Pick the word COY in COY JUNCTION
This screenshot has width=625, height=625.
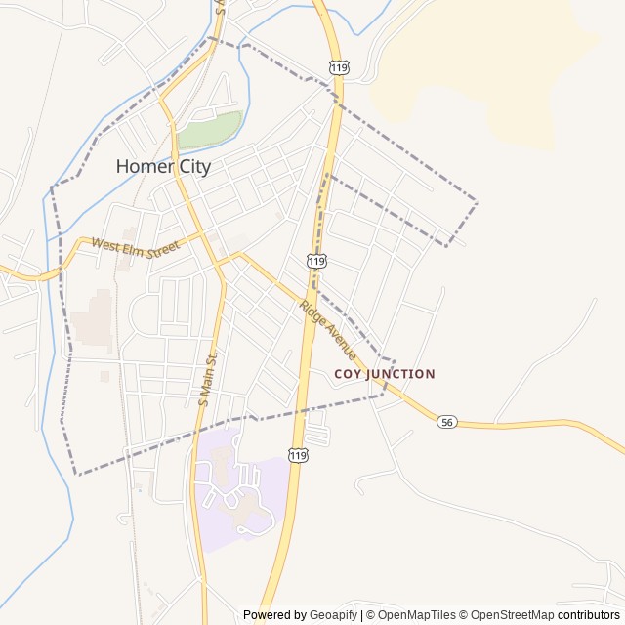348,374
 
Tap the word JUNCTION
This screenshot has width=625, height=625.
400,374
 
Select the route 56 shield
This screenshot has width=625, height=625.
446,422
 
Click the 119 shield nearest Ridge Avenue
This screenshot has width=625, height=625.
315,261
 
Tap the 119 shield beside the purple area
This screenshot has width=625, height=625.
298,454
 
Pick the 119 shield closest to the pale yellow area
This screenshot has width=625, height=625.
339,67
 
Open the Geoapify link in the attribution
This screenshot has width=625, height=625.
333,615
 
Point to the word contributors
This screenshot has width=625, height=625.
589,615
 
